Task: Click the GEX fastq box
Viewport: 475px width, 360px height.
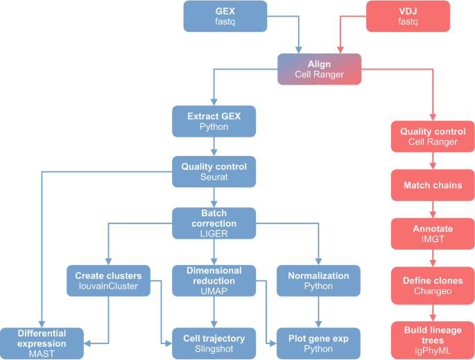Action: click(x=225, y=17)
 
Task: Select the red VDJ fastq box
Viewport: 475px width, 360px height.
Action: click(x=408, y=17)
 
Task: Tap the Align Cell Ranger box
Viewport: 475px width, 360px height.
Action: click(x=320, y=69)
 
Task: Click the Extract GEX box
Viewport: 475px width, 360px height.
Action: click(x=214, y=121)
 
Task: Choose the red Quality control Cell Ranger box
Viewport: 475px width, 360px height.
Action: click(x=433, y=136)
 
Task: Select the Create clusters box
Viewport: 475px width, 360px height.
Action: click(x=108, y=281)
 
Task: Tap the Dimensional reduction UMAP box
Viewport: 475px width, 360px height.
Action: click(x=214, y=281)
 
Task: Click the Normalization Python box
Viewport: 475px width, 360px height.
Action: click(x=318, y=281)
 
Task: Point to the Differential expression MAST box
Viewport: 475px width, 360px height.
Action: click(x=42, y=343)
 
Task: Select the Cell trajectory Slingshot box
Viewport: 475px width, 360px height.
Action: click(x=214, y=343)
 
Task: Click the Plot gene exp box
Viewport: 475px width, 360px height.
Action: click(x=318, y=343)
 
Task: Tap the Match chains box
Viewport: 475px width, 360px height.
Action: click(x=433, y=185)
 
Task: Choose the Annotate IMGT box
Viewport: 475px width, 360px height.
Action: click(x=433, y=234)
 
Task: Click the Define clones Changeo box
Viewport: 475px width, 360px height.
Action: click(x=433, y=284)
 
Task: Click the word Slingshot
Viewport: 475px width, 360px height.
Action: click(x=214, y=350)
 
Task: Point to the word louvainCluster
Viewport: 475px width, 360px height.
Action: click(x=108, y=286)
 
